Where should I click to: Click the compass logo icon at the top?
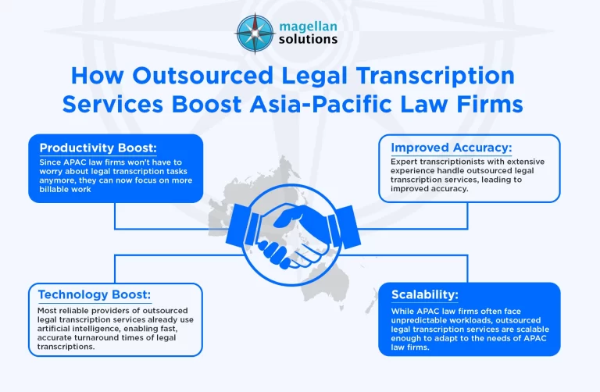click(255, 33)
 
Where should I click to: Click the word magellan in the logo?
click(309, 26)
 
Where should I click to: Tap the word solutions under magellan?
click(309, 40)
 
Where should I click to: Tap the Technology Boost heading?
click(94, 294)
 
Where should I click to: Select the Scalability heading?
click(425, 294)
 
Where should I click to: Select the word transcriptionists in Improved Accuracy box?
click(459, 162)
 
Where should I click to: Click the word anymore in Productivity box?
click(58, 180)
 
